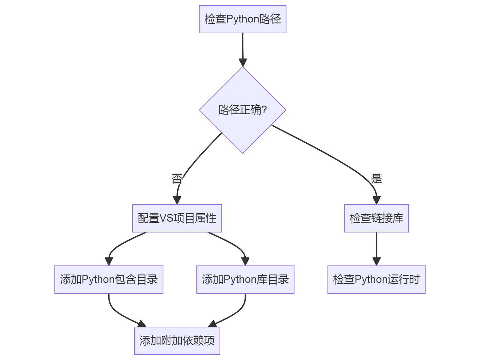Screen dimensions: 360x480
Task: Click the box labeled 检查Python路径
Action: (x=242, y=19)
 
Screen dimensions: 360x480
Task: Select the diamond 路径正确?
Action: (x=242, y=110)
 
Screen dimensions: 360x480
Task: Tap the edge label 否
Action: (x=177, y=179)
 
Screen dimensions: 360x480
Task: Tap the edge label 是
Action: (x=376, y=179)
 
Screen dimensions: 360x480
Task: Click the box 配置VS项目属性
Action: (x=177, y=218)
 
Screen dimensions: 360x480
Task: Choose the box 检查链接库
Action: (x=376, y=218)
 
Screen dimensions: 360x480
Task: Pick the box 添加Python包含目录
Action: (x=109, y=280)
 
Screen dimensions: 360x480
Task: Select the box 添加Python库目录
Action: (x=245, y=280)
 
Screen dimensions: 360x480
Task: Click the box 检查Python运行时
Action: (x=376, y=280)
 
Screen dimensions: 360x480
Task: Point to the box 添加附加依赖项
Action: (x=177, y=341)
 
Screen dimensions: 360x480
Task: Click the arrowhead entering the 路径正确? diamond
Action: (x=243, y=62)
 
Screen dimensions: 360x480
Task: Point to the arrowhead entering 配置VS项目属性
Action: (x=177, y=200)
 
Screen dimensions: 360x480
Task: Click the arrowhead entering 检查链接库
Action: (x=376, y=200)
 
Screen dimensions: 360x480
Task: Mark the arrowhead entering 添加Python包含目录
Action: (x=109, y=261)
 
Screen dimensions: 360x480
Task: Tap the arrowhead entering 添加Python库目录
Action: (x=245, y=261)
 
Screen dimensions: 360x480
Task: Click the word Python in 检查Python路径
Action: (x=242, y=19)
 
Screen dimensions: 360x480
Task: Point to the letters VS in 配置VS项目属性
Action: (x=166, y=218)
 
